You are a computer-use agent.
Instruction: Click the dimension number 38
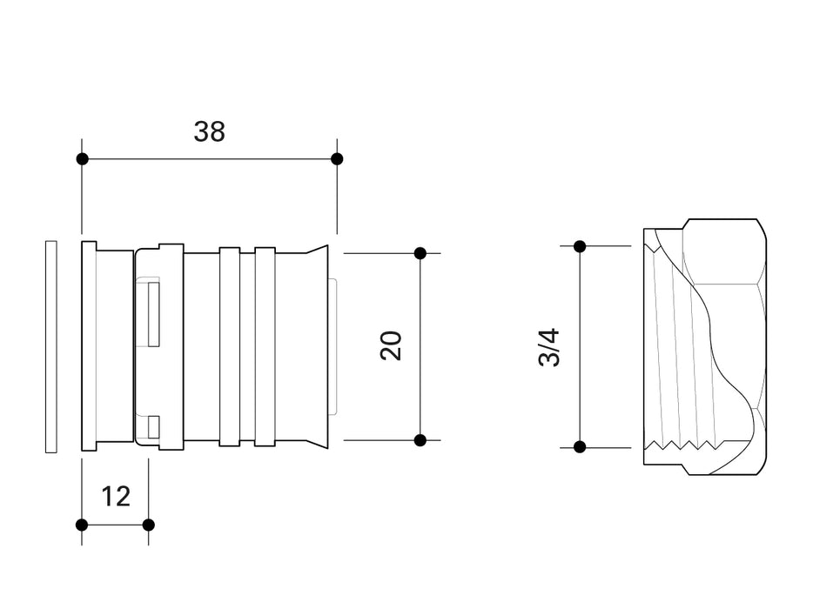pos(209,131)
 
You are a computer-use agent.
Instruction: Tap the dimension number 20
pos(392,345)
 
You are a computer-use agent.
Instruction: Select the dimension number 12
pos(116,496)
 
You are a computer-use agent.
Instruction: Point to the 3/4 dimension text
pos(550,345)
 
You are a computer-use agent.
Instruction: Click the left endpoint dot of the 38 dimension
pos(82,159)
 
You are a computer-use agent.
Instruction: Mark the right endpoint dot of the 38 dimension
pos(337,159)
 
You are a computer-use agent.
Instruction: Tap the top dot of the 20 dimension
pos(420,253)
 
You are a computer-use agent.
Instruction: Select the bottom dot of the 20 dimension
pos(420,440)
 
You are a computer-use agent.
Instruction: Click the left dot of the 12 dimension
pos(82,525)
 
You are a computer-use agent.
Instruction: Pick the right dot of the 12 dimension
pos(148,525)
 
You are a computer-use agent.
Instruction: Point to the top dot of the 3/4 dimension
pos(580,246)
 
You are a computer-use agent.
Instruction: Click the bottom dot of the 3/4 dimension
pos(580,447)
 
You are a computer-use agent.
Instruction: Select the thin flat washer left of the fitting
pos(50,346)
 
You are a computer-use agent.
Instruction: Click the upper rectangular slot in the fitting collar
pos(154,314)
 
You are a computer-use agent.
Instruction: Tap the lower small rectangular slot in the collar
pos(154,426)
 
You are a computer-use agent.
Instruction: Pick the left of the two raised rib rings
pos(229,346)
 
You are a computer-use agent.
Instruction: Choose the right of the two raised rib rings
pos(265,346)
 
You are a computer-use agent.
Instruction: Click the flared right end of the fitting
pos(320,346)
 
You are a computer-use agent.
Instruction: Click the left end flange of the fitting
pos(88,346)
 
